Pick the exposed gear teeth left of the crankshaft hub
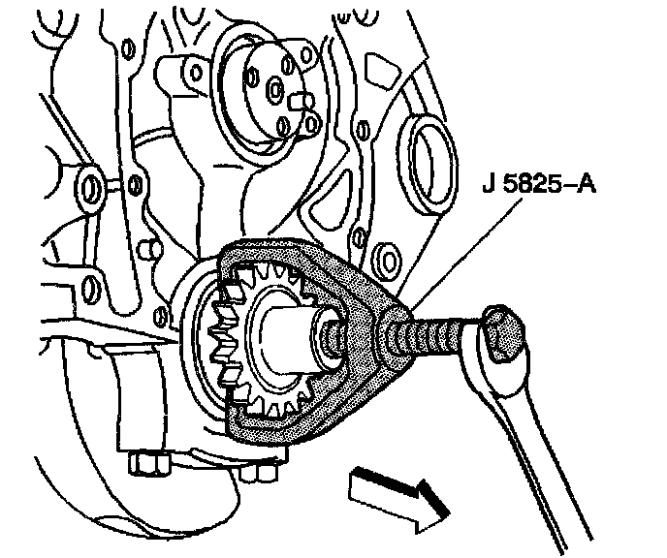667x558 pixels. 220,334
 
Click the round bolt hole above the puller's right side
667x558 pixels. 388,259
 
